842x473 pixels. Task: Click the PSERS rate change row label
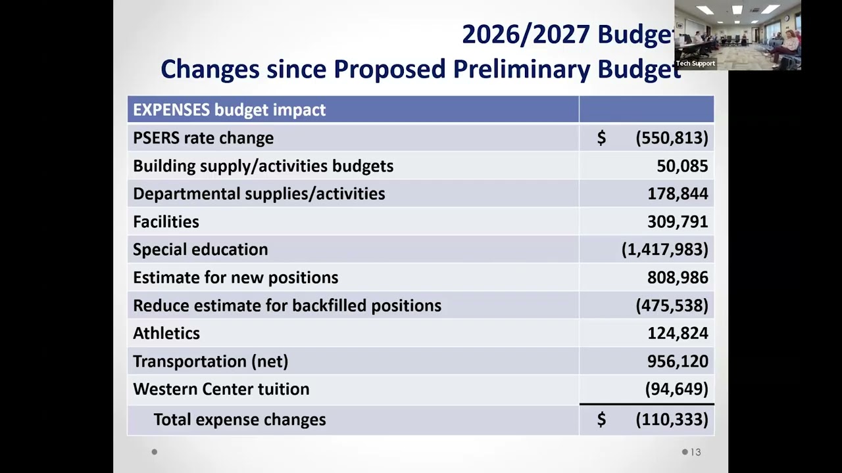pyautogui.click(x=203, y=138)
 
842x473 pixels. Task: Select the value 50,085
pyautogui.click(x=682, y=166)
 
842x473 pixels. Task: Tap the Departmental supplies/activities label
pyautogui.click(x=259, y=194)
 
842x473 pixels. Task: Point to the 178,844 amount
pyautogui.click(x=678, y=194)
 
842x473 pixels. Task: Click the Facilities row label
pyautogui.click(x=166, y=221)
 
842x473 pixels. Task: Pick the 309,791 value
pyautogui.click(x=678, y=221)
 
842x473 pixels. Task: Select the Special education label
pyautogui.click(x=201, y=250)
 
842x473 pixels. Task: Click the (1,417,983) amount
pyautogui.click(x=664, y=250)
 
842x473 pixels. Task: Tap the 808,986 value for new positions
pyautogui.click(x=678, y=277)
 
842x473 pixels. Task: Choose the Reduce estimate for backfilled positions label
pyautogui.click(x=287, y=305)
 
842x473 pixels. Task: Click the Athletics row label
pyautogui.click(x=166, y=333)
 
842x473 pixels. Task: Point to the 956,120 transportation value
pyautogui.click(x=678, y=361)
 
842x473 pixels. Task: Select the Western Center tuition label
pyautogui.click(x=221, y=389)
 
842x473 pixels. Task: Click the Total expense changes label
pyautogui.click(x=239, y=420)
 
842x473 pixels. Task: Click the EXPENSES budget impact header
pyautogui.click(x=230, y=110)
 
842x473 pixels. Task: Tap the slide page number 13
pyautogui.click(x=695, y=452)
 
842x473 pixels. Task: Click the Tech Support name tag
pyautogui.click(x=695, y=64)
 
